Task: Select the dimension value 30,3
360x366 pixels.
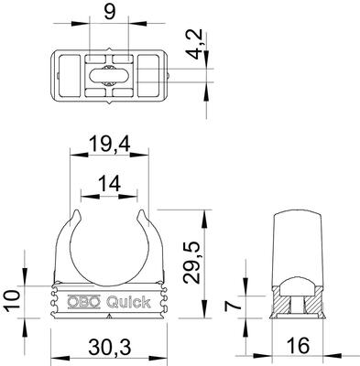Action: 109,348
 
